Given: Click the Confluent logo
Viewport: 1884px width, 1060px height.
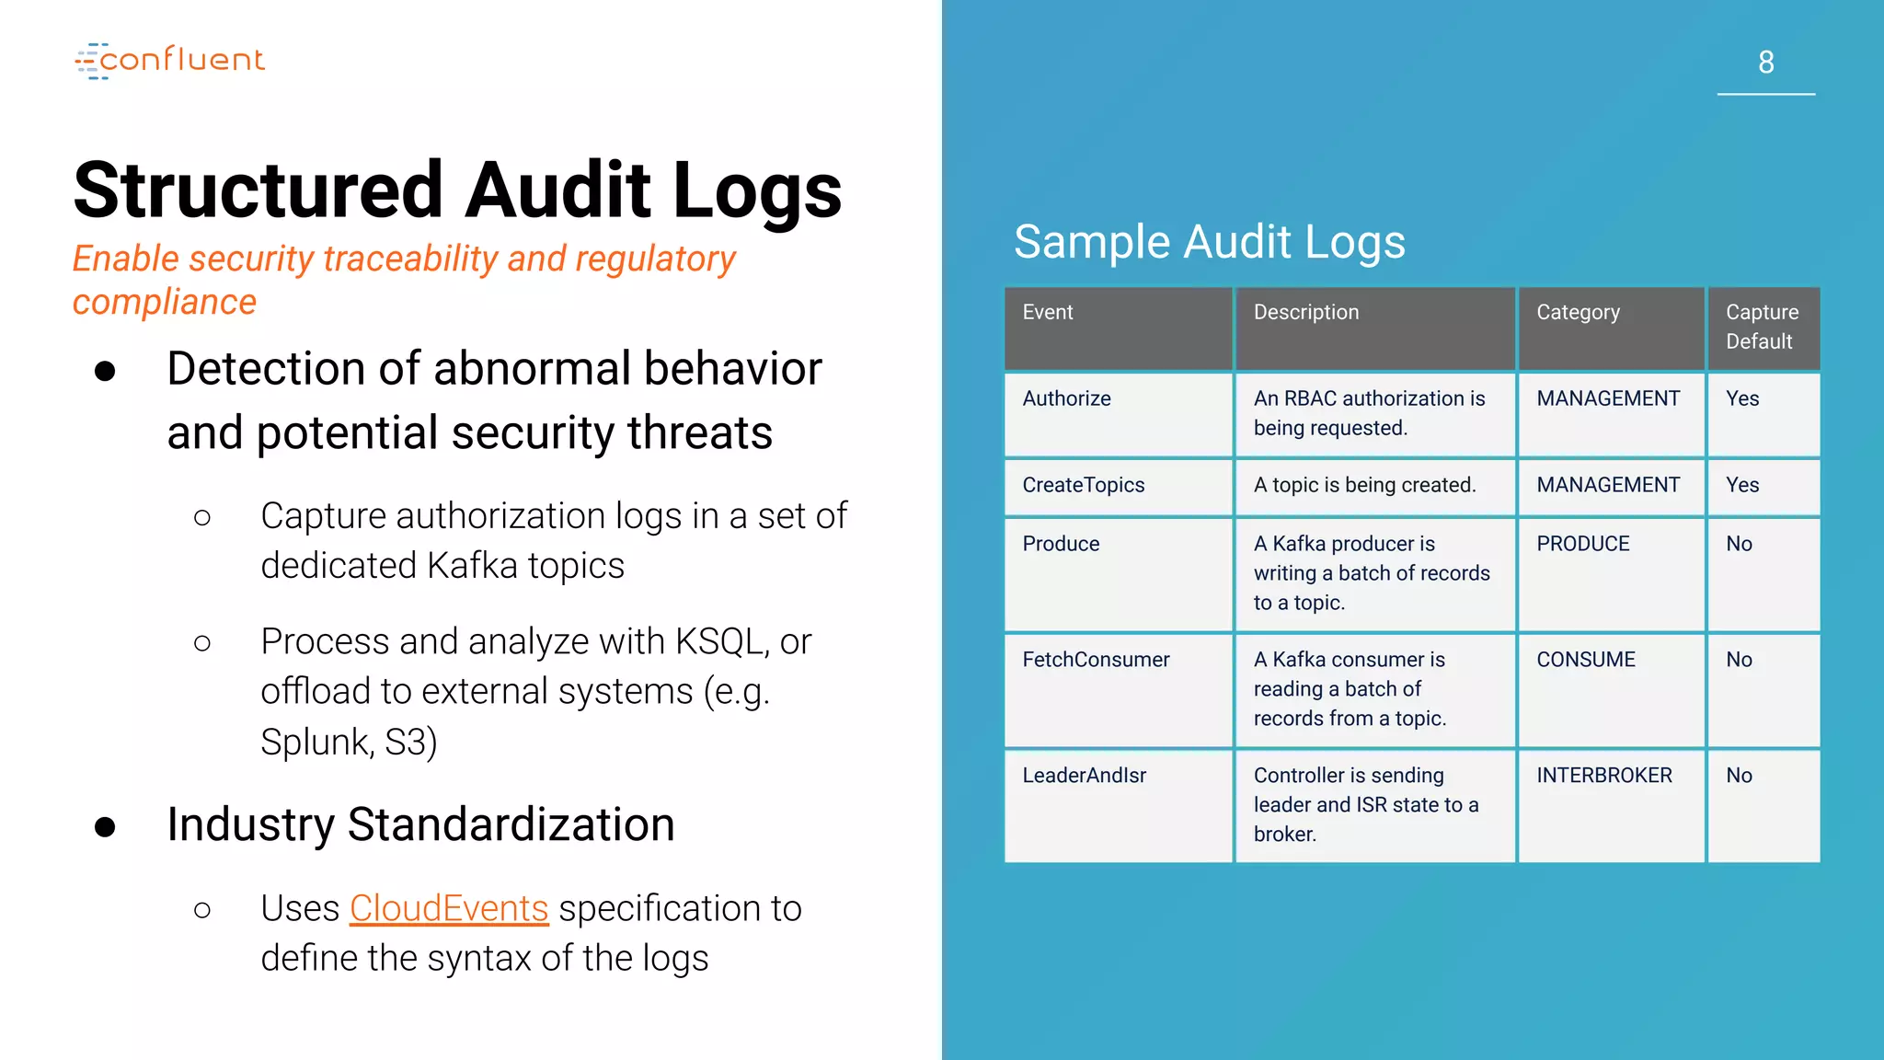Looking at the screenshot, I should (170, 61).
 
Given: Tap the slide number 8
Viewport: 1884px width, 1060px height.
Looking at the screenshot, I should (1765, 63).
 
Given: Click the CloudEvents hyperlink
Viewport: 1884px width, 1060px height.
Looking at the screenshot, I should (449, 908).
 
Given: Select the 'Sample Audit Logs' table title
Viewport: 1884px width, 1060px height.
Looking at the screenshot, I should (1209, 242).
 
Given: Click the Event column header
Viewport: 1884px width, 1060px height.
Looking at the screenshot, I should (1048, 313).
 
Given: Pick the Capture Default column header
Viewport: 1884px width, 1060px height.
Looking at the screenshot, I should (1761, 327).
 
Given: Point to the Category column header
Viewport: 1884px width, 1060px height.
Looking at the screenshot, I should (1578, 313).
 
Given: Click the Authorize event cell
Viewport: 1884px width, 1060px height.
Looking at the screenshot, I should (1066, 398).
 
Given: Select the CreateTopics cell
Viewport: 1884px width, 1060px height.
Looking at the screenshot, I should (1083, 485).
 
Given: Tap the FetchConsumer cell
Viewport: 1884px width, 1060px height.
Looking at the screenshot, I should (1096, 660).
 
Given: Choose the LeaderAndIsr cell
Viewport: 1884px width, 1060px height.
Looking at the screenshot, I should (1084, 776).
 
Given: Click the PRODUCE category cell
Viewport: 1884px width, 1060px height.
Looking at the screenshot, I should (1582, 544).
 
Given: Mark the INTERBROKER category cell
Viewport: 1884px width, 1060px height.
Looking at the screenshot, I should (1603, 776).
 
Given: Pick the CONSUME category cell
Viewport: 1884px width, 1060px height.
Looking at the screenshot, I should (1585, 660).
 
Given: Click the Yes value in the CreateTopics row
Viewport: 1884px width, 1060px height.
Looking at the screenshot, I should (1741, 485).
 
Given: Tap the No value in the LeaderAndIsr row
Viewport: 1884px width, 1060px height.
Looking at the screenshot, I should (1739, 776).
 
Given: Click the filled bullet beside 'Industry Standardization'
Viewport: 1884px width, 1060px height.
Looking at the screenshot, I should (105, 826).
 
